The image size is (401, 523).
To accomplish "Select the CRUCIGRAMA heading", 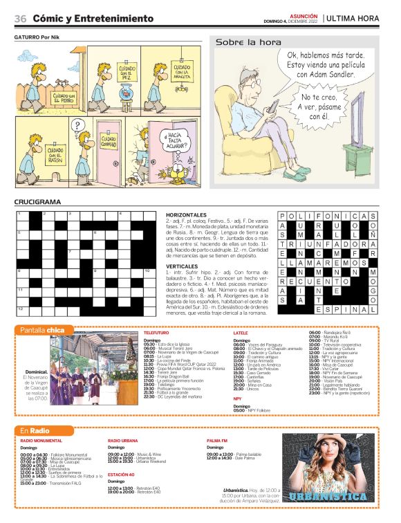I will click(x=38, y=202).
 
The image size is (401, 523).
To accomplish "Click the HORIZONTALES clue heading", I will click(x=186, y=215).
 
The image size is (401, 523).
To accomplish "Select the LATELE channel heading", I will click(x=241, y=333).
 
